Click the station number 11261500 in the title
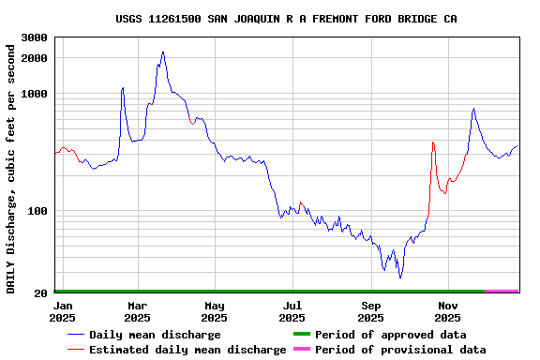179,19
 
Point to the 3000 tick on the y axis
35,37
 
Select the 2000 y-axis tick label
35,58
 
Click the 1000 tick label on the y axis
35,94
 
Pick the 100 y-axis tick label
37,211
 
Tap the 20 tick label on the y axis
40,293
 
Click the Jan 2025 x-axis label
63,311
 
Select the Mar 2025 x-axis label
137,311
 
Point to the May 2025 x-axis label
215,311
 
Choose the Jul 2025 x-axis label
292,311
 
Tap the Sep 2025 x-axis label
371,311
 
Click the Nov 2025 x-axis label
448,311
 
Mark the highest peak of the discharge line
163,52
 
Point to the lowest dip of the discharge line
400,277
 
